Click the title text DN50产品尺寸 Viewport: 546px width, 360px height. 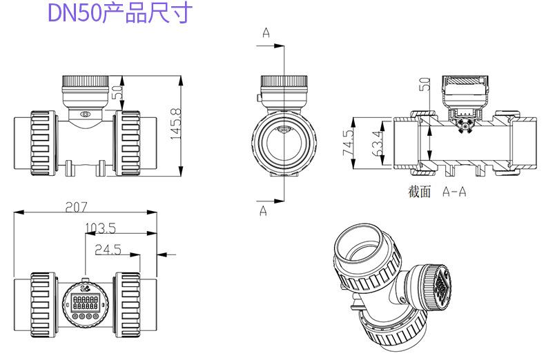pyautogui.click(x=120, y=13)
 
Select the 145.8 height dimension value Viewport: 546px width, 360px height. pyautogui.click(x=176, y=124)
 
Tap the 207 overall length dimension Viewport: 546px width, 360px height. pyautogui.click(x=77, y=208)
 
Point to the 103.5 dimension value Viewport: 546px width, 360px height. pyautogui.click(x=100, y=228)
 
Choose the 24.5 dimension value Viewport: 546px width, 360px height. pyautogui.click(x=108, y=250)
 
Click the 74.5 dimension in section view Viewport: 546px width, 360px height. pyautogui.click(x=348, y=143)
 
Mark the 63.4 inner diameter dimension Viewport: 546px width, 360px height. pyautogui.click(x=377, y=143)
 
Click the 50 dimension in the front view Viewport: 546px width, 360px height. pyautogui.click(x=118, y=92)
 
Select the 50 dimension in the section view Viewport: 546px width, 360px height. pyautogui.click(x=425, y=85)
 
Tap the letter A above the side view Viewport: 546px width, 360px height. pyautogui.click(x=266, y=32)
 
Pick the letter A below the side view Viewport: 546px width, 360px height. pyautogui.click(x=263, y=211)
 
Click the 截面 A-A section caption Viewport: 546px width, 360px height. pyautogui.click(x=437, y=192)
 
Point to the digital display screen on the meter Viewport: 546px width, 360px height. pyautogui.click(x=86, y=301)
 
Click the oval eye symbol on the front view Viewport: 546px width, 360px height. pyautogui.click(x=85, y=114)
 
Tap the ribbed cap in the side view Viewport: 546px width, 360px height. pyautogui.click(x=284, y=81)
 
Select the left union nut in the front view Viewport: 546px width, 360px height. pyautogui.click(x=43, y=143)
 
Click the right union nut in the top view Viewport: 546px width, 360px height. pyautogui.click(x=128, y=305)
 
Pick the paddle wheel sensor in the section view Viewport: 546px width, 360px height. pyautogui.click(x=465, y=126)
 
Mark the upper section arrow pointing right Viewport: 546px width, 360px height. pyautogui.click(x=271, y=46)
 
